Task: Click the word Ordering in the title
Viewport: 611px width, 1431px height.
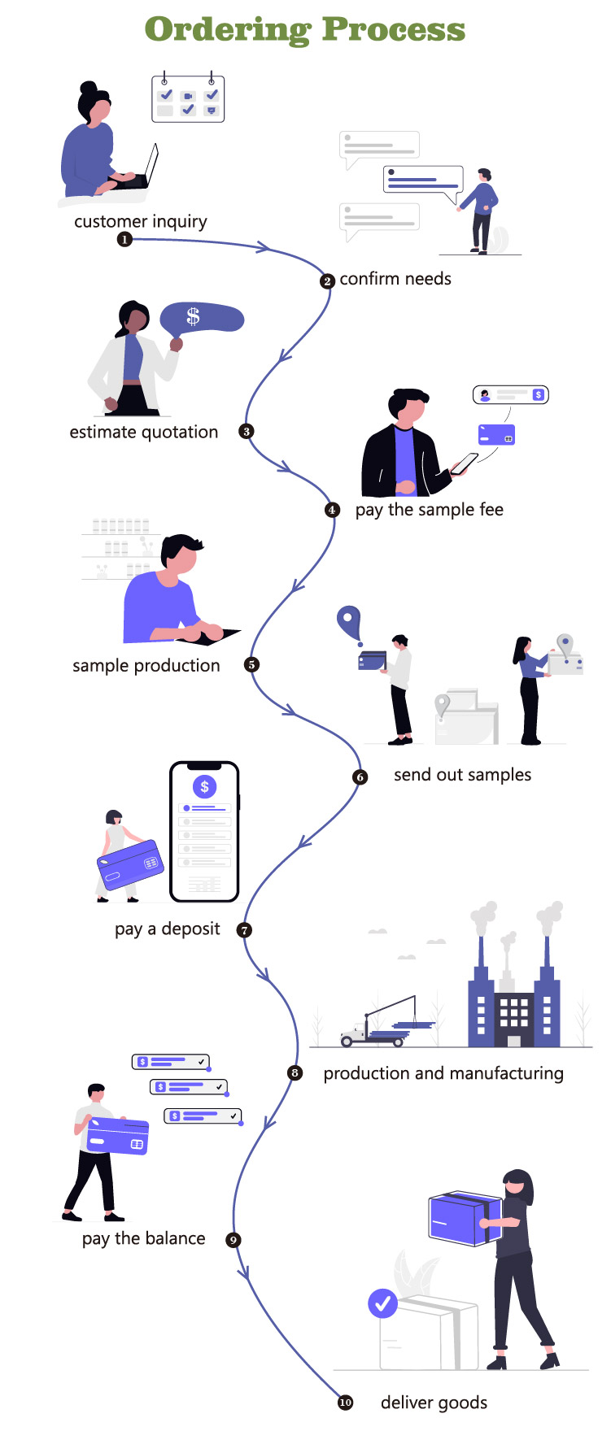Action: point(227,30)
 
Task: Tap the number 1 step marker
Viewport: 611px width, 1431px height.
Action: point(124,239)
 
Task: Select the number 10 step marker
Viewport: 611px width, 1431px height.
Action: point(346,1402)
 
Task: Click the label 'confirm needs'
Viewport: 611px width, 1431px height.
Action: point(395,279)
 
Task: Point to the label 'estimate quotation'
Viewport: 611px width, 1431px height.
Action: point(144,433)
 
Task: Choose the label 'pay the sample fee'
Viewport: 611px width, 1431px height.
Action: point(430,510)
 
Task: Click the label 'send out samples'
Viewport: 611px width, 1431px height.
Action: point(462,775)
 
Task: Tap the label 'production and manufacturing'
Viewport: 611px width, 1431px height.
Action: point(443,1073)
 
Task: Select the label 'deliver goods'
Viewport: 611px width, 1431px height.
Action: point(434,1403)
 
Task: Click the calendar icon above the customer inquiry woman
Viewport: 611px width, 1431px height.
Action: point(188,98)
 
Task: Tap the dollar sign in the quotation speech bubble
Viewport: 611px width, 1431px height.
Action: point(193,315)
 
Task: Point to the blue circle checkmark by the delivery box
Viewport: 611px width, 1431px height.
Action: point(382,1303)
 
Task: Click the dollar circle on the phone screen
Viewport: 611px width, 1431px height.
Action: point(204,786)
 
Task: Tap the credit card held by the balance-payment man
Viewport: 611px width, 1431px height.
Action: point(117,1135)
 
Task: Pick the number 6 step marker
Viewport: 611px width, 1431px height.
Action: point(360,777)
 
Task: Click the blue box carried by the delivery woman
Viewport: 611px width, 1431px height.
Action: point(465,1219)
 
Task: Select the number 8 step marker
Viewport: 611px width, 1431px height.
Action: point(295,1073)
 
